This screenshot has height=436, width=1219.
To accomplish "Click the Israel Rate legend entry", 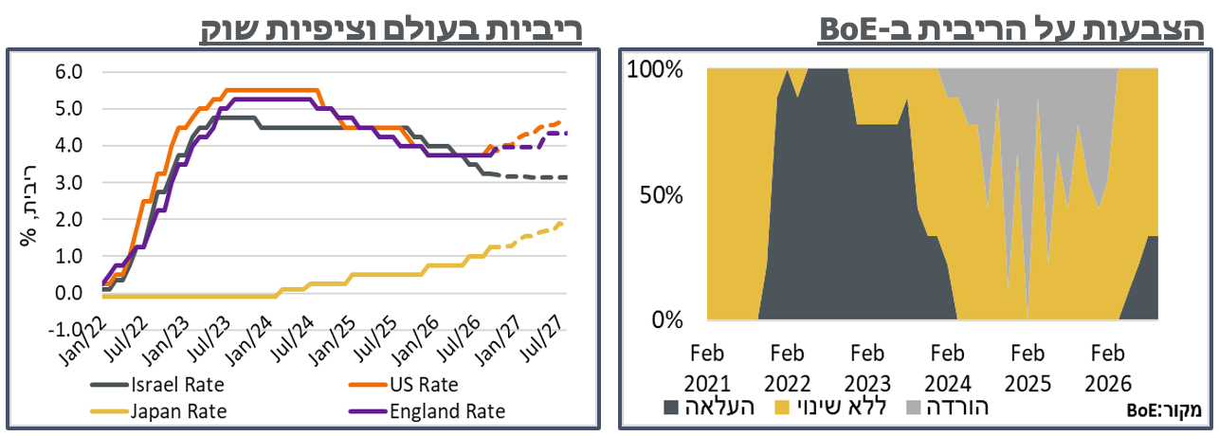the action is click(x=157, y=385).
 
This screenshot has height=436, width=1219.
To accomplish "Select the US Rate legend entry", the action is click(x=403, y=385).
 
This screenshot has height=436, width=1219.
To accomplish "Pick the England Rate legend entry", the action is click(x=428, y=411).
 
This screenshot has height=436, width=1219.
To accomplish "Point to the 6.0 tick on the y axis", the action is click(x=68, y=72).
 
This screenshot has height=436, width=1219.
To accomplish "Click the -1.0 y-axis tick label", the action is click(x=65, y=329).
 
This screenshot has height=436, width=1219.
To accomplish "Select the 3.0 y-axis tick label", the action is click(x=68, y=182).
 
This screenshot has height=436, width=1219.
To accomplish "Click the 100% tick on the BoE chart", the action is click(x=655, y=70).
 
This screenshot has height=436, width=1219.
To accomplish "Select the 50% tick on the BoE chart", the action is click(x=662, y=195).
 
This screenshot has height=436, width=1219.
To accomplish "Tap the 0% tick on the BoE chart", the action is click(x=667, y=320).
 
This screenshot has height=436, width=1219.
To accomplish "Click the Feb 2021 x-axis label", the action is click(x=707, y=369).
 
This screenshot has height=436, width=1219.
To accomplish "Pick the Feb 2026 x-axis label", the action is click(x=1108, y=369).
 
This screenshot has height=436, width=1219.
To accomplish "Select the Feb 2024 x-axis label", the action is click(x=948, y=369).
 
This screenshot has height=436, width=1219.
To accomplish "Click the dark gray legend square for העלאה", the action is click(x=671, y=408).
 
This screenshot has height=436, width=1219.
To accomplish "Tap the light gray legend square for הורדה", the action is click(x=914, y=408).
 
